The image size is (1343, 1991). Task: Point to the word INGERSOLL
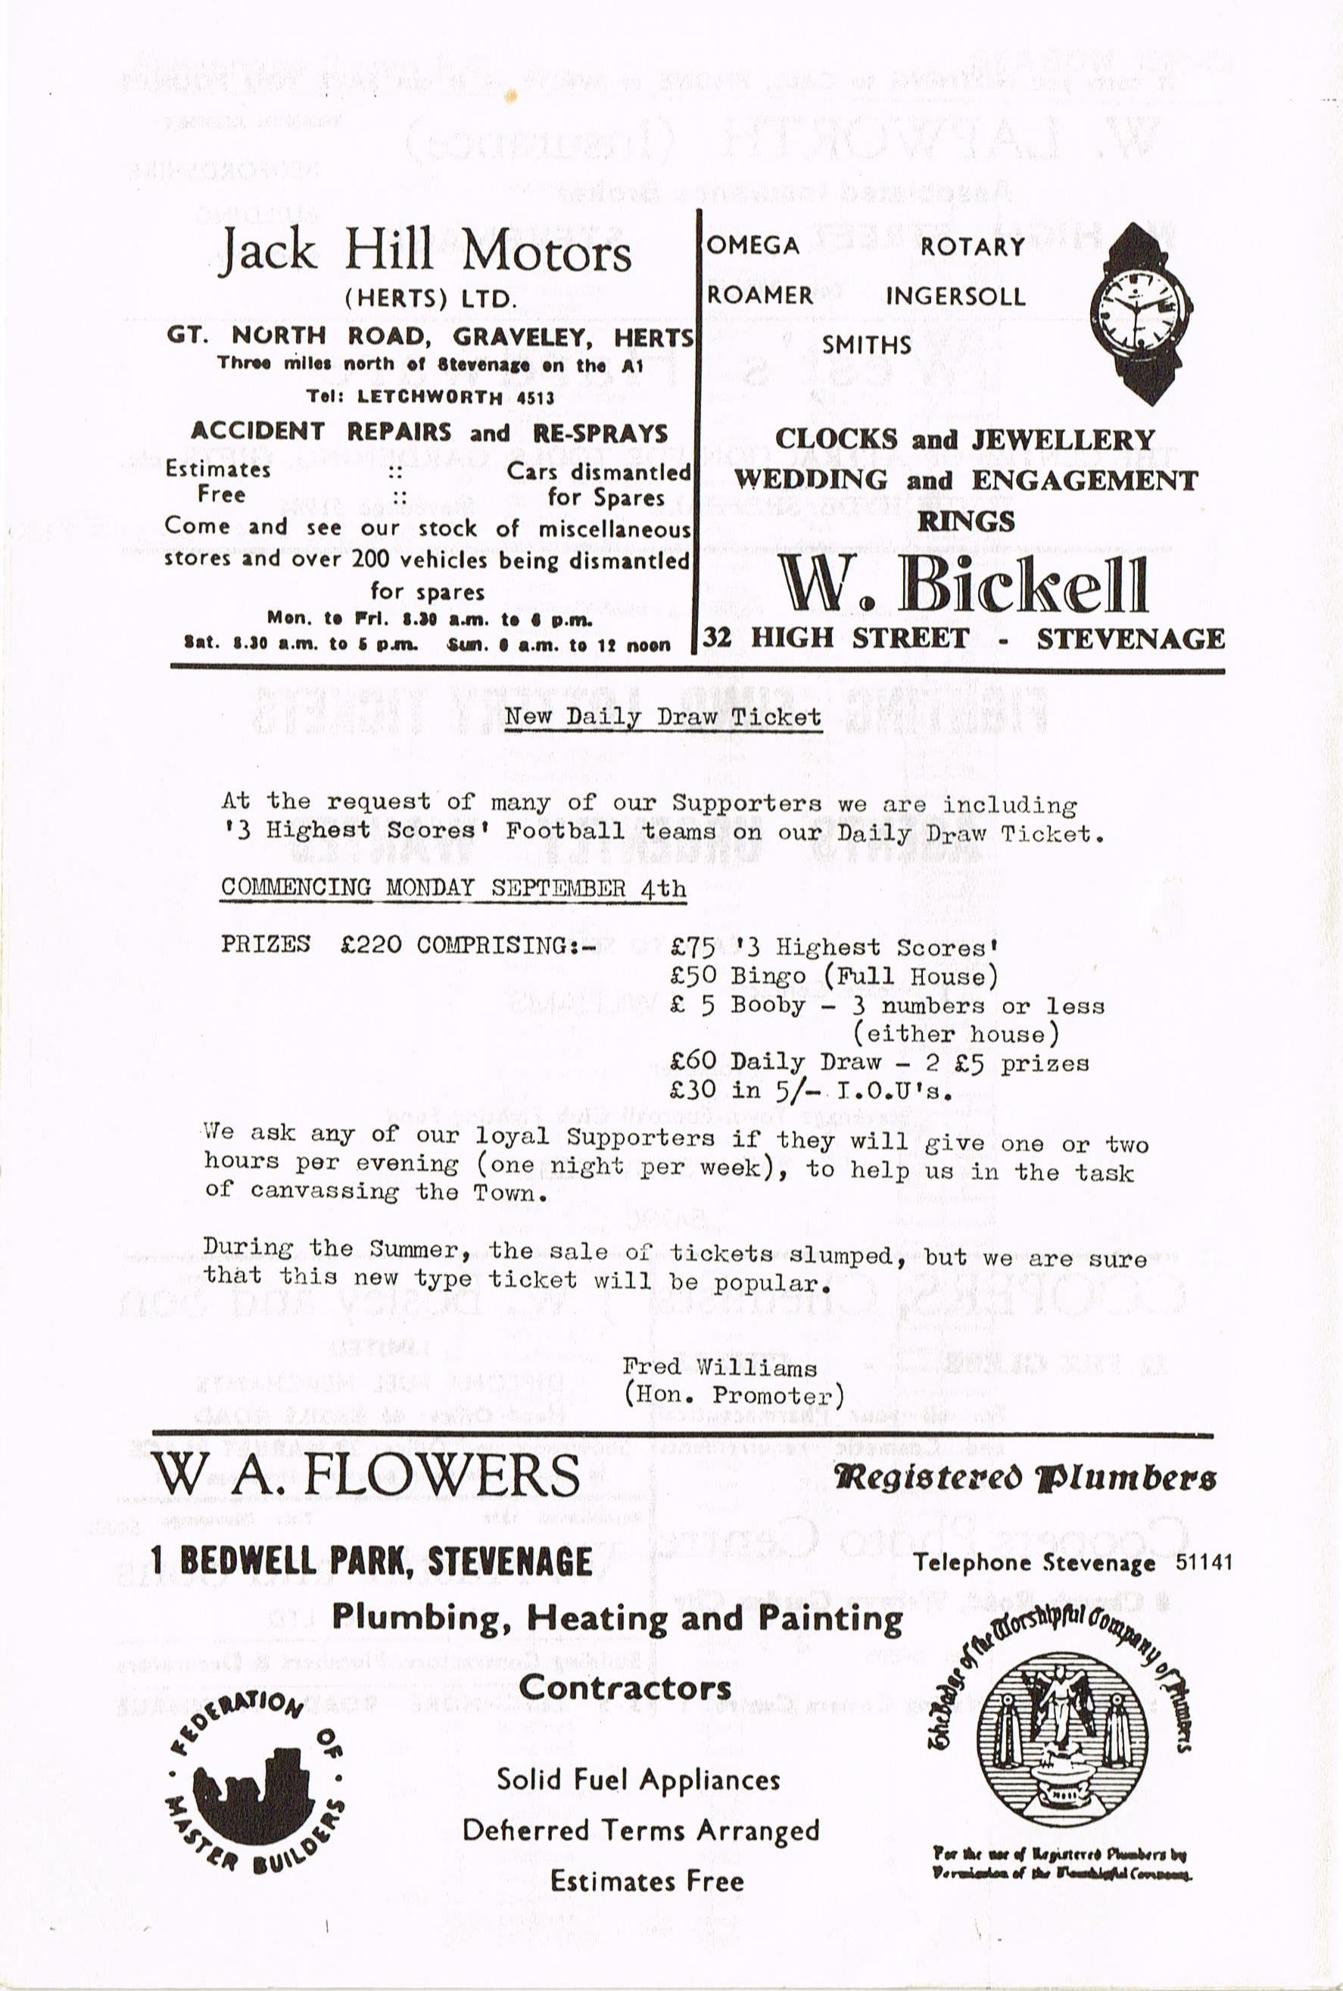(x=955, y=296)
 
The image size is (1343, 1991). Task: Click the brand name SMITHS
(x=866, y=345)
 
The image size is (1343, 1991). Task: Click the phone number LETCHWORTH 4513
(x=455, y=398)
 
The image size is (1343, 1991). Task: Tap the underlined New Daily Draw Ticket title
(x=662, y=716)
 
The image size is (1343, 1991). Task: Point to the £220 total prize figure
(x=370, y=945)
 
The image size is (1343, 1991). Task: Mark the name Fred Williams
(x=719, y=1367)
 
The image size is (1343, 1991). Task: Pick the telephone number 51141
(x=1204, y=1562)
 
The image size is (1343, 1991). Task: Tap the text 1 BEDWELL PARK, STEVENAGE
(x=371, y=1561)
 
